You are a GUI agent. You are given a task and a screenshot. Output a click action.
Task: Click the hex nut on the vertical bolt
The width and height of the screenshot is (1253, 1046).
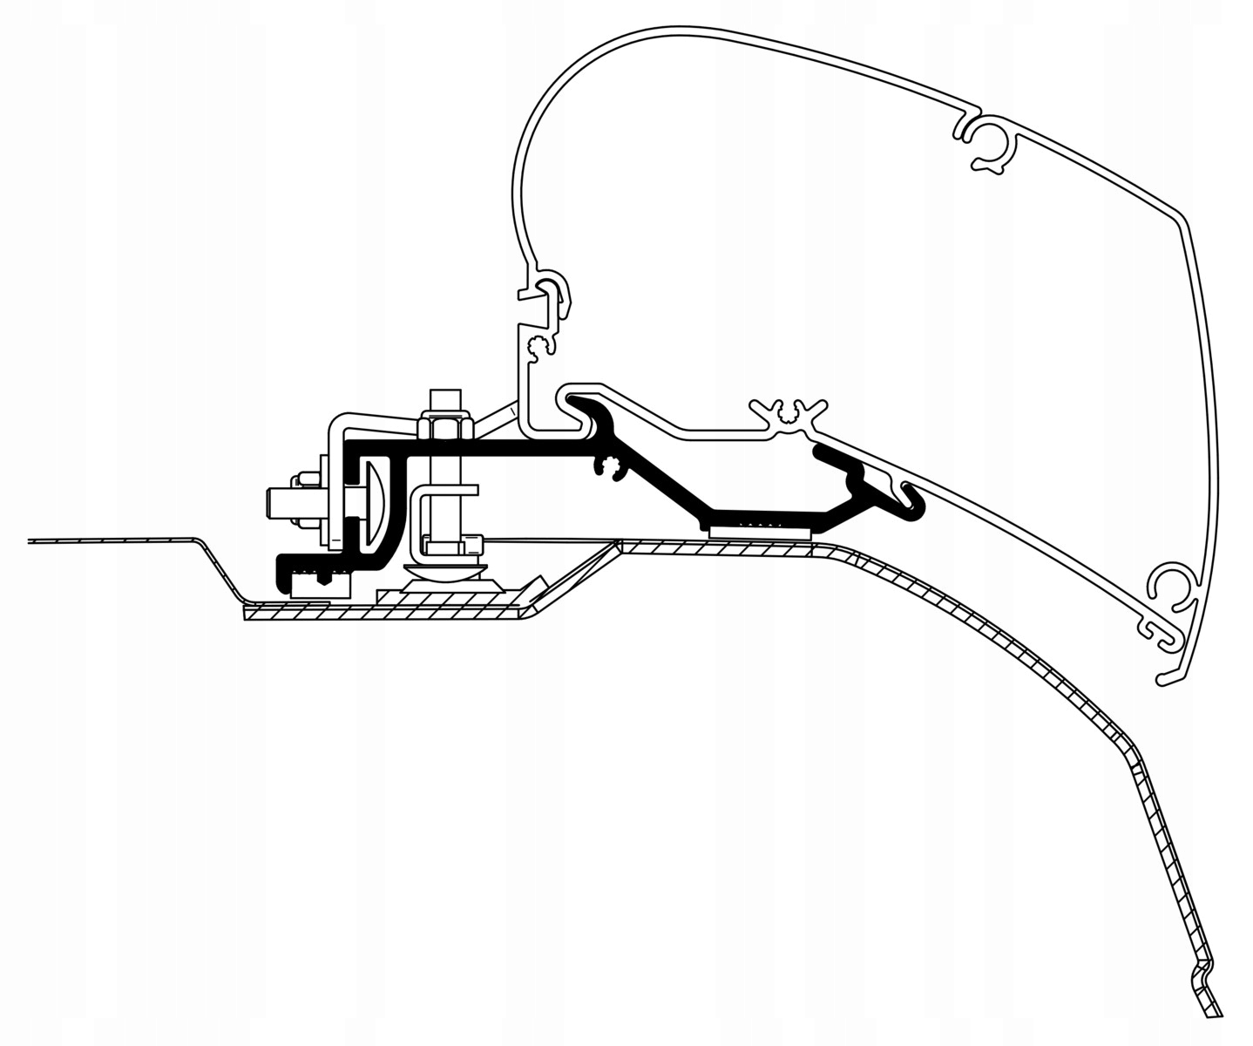444,428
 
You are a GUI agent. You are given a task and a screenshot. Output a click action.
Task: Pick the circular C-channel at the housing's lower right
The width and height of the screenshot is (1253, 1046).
1172,592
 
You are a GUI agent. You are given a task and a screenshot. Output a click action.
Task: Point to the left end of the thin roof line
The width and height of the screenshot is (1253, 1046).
31,542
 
